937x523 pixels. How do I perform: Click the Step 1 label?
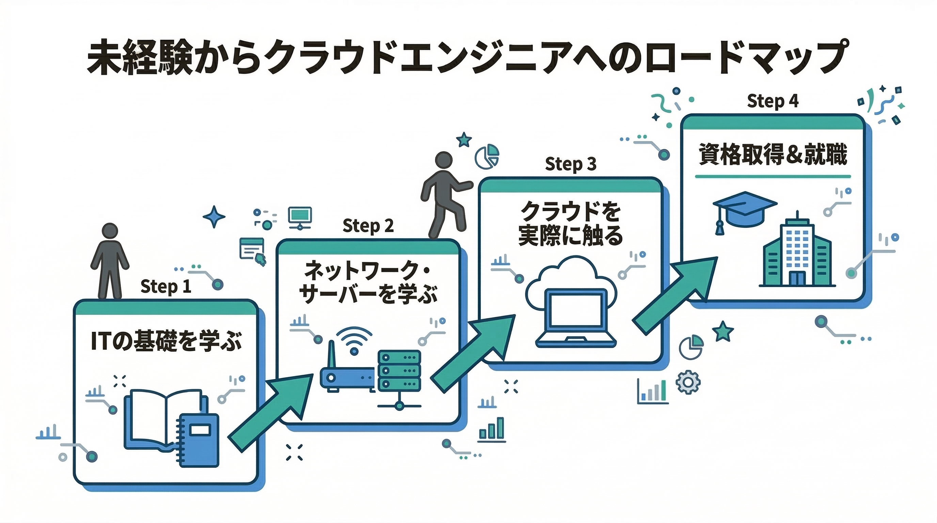coord(165,287)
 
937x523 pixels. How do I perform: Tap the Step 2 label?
coord(368,226)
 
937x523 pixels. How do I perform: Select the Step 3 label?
coord(570,164)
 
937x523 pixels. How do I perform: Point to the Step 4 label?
coord(773,101)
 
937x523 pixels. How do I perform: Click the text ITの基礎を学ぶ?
coord(166,341)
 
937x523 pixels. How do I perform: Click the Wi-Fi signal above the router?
coord(354,340)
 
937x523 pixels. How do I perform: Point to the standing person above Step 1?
coord(110,260)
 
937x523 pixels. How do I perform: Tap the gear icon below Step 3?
coord(687,382)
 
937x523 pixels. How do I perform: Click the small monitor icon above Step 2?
coord(300,217)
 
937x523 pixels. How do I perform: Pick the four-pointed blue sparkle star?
coord(213,217)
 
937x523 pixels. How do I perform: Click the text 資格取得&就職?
coord(773,155)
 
